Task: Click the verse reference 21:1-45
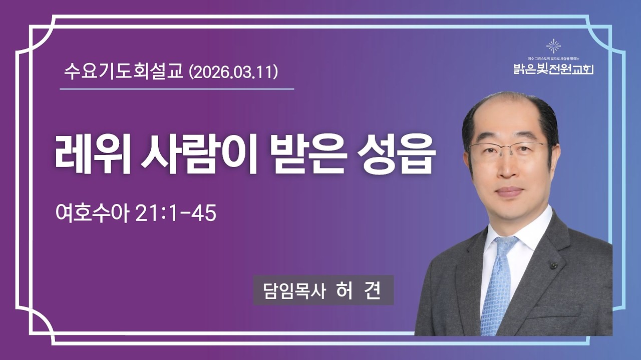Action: pyautogui.click(x=176, y=213)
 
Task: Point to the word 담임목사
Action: pyautogui.click(x=289, y=290)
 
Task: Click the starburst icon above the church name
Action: pyautogui.click(x=553, y=46)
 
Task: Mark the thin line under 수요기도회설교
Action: pyautogui.click(x=176, y=89)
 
